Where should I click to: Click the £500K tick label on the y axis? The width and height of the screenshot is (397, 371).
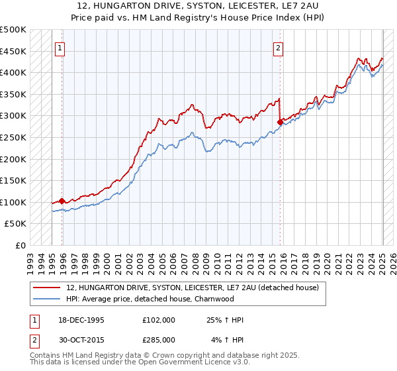(13, 30)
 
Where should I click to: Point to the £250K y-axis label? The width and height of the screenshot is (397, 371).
(13, 137)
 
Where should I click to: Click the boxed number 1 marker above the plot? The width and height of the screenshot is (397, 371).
(60, 48)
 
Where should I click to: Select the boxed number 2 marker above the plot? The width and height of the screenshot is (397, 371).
(279, 48)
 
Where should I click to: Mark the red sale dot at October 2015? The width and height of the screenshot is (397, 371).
(281, 122)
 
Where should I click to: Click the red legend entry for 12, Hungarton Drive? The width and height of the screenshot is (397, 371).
(193, 288)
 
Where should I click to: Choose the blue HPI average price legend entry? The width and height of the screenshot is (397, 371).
(159, 299)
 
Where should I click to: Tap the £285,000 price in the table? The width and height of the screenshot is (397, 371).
(158, 340)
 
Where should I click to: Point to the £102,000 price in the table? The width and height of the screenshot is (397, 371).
(158, 320)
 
